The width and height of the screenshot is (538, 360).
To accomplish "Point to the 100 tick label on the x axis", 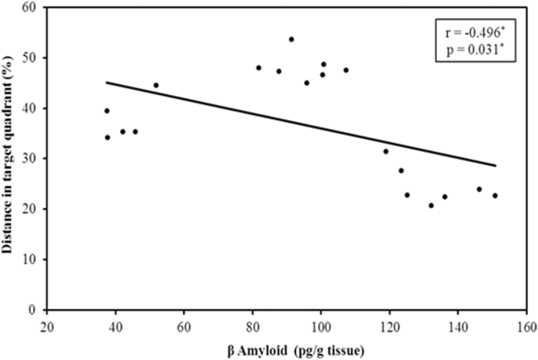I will point(320,324).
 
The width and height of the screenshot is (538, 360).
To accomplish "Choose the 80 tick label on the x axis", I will point(252,324).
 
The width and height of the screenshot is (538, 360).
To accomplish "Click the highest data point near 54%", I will point(291,39).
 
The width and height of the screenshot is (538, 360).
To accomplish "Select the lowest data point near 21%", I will point(431,205).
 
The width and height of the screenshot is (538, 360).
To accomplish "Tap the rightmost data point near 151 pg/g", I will point(495,196).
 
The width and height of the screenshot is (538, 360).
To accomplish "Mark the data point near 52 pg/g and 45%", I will point(156,85).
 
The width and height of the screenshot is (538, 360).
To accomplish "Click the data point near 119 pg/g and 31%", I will point(386,151).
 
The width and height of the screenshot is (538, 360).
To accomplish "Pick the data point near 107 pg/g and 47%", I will point(346,70).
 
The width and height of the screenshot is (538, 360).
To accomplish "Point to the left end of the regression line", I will point(107,82).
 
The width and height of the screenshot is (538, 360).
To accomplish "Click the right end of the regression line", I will point(496,166).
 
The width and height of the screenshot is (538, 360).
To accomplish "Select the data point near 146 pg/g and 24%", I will point(479,189).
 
